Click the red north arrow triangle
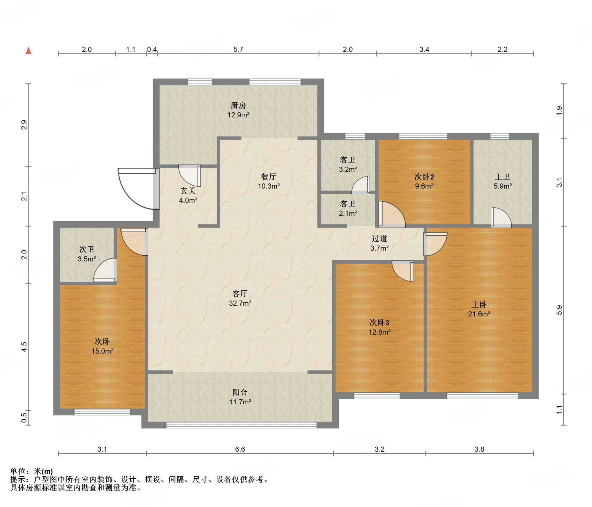point(28,51)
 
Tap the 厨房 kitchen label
point(238,106)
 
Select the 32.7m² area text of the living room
point(240,303)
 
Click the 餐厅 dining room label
point(269,176)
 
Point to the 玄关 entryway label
point(188,191)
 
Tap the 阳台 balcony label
point(240,392)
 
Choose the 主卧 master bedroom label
point(479,305)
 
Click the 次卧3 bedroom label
point(379,322)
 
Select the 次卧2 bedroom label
point(424,177)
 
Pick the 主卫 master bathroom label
point(502,177)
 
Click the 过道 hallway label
point(379,239)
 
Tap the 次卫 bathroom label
point(87,249)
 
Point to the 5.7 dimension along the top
point(238,49)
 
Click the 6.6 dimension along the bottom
point(240,449)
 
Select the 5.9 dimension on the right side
point(559,310)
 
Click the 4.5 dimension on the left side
point(24,347)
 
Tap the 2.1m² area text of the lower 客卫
point(348,213)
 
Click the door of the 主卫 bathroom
point(501,217)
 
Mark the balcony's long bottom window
point(241,425)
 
